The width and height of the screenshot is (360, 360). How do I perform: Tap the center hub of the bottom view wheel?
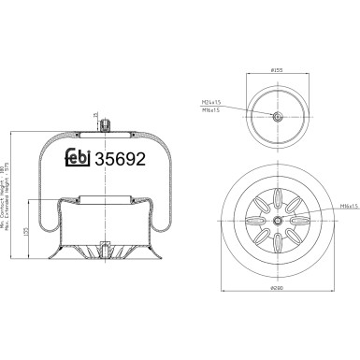279,220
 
